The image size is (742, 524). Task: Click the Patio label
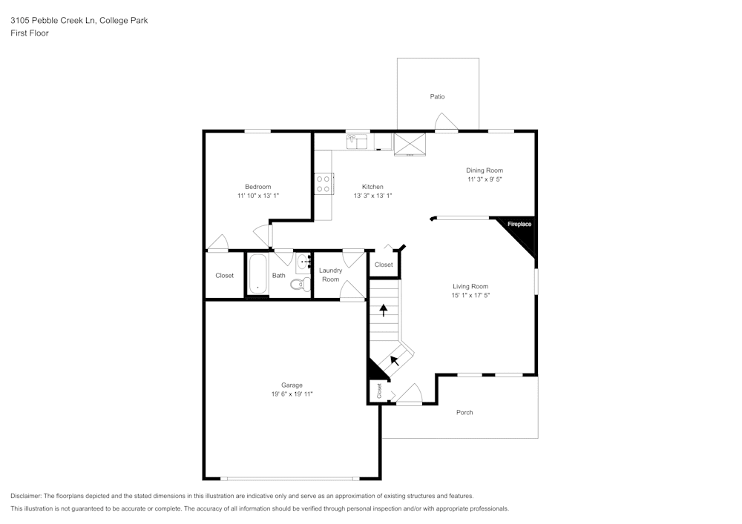click(437, 96)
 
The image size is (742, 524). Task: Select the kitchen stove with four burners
click(324, 184)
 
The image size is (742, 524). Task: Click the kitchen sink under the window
click(358, 140)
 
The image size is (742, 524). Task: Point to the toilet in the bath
click(299, 284)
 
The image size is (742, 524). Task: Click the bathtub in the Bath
click(257, 275)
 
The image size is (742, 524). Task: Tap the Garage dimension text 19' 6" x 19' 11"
click(292, 394)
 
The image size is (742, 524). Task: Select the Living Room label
click(471, 286)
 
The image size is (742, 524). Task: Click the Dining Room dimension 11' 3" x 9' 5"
click(485, 179)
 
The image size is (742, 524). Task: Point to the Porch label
click(464, 412)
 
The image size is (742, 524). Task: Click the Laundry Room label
click(330, 275)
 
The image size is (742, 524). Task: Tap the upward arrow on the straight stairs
click(384, 309)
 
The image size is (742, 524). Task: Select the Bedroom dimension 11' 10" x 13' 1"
click(257, 196)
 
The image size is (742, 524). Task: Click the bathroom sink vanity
click(303, 262)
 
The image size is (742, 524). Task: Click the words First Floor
click(30, 33)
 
